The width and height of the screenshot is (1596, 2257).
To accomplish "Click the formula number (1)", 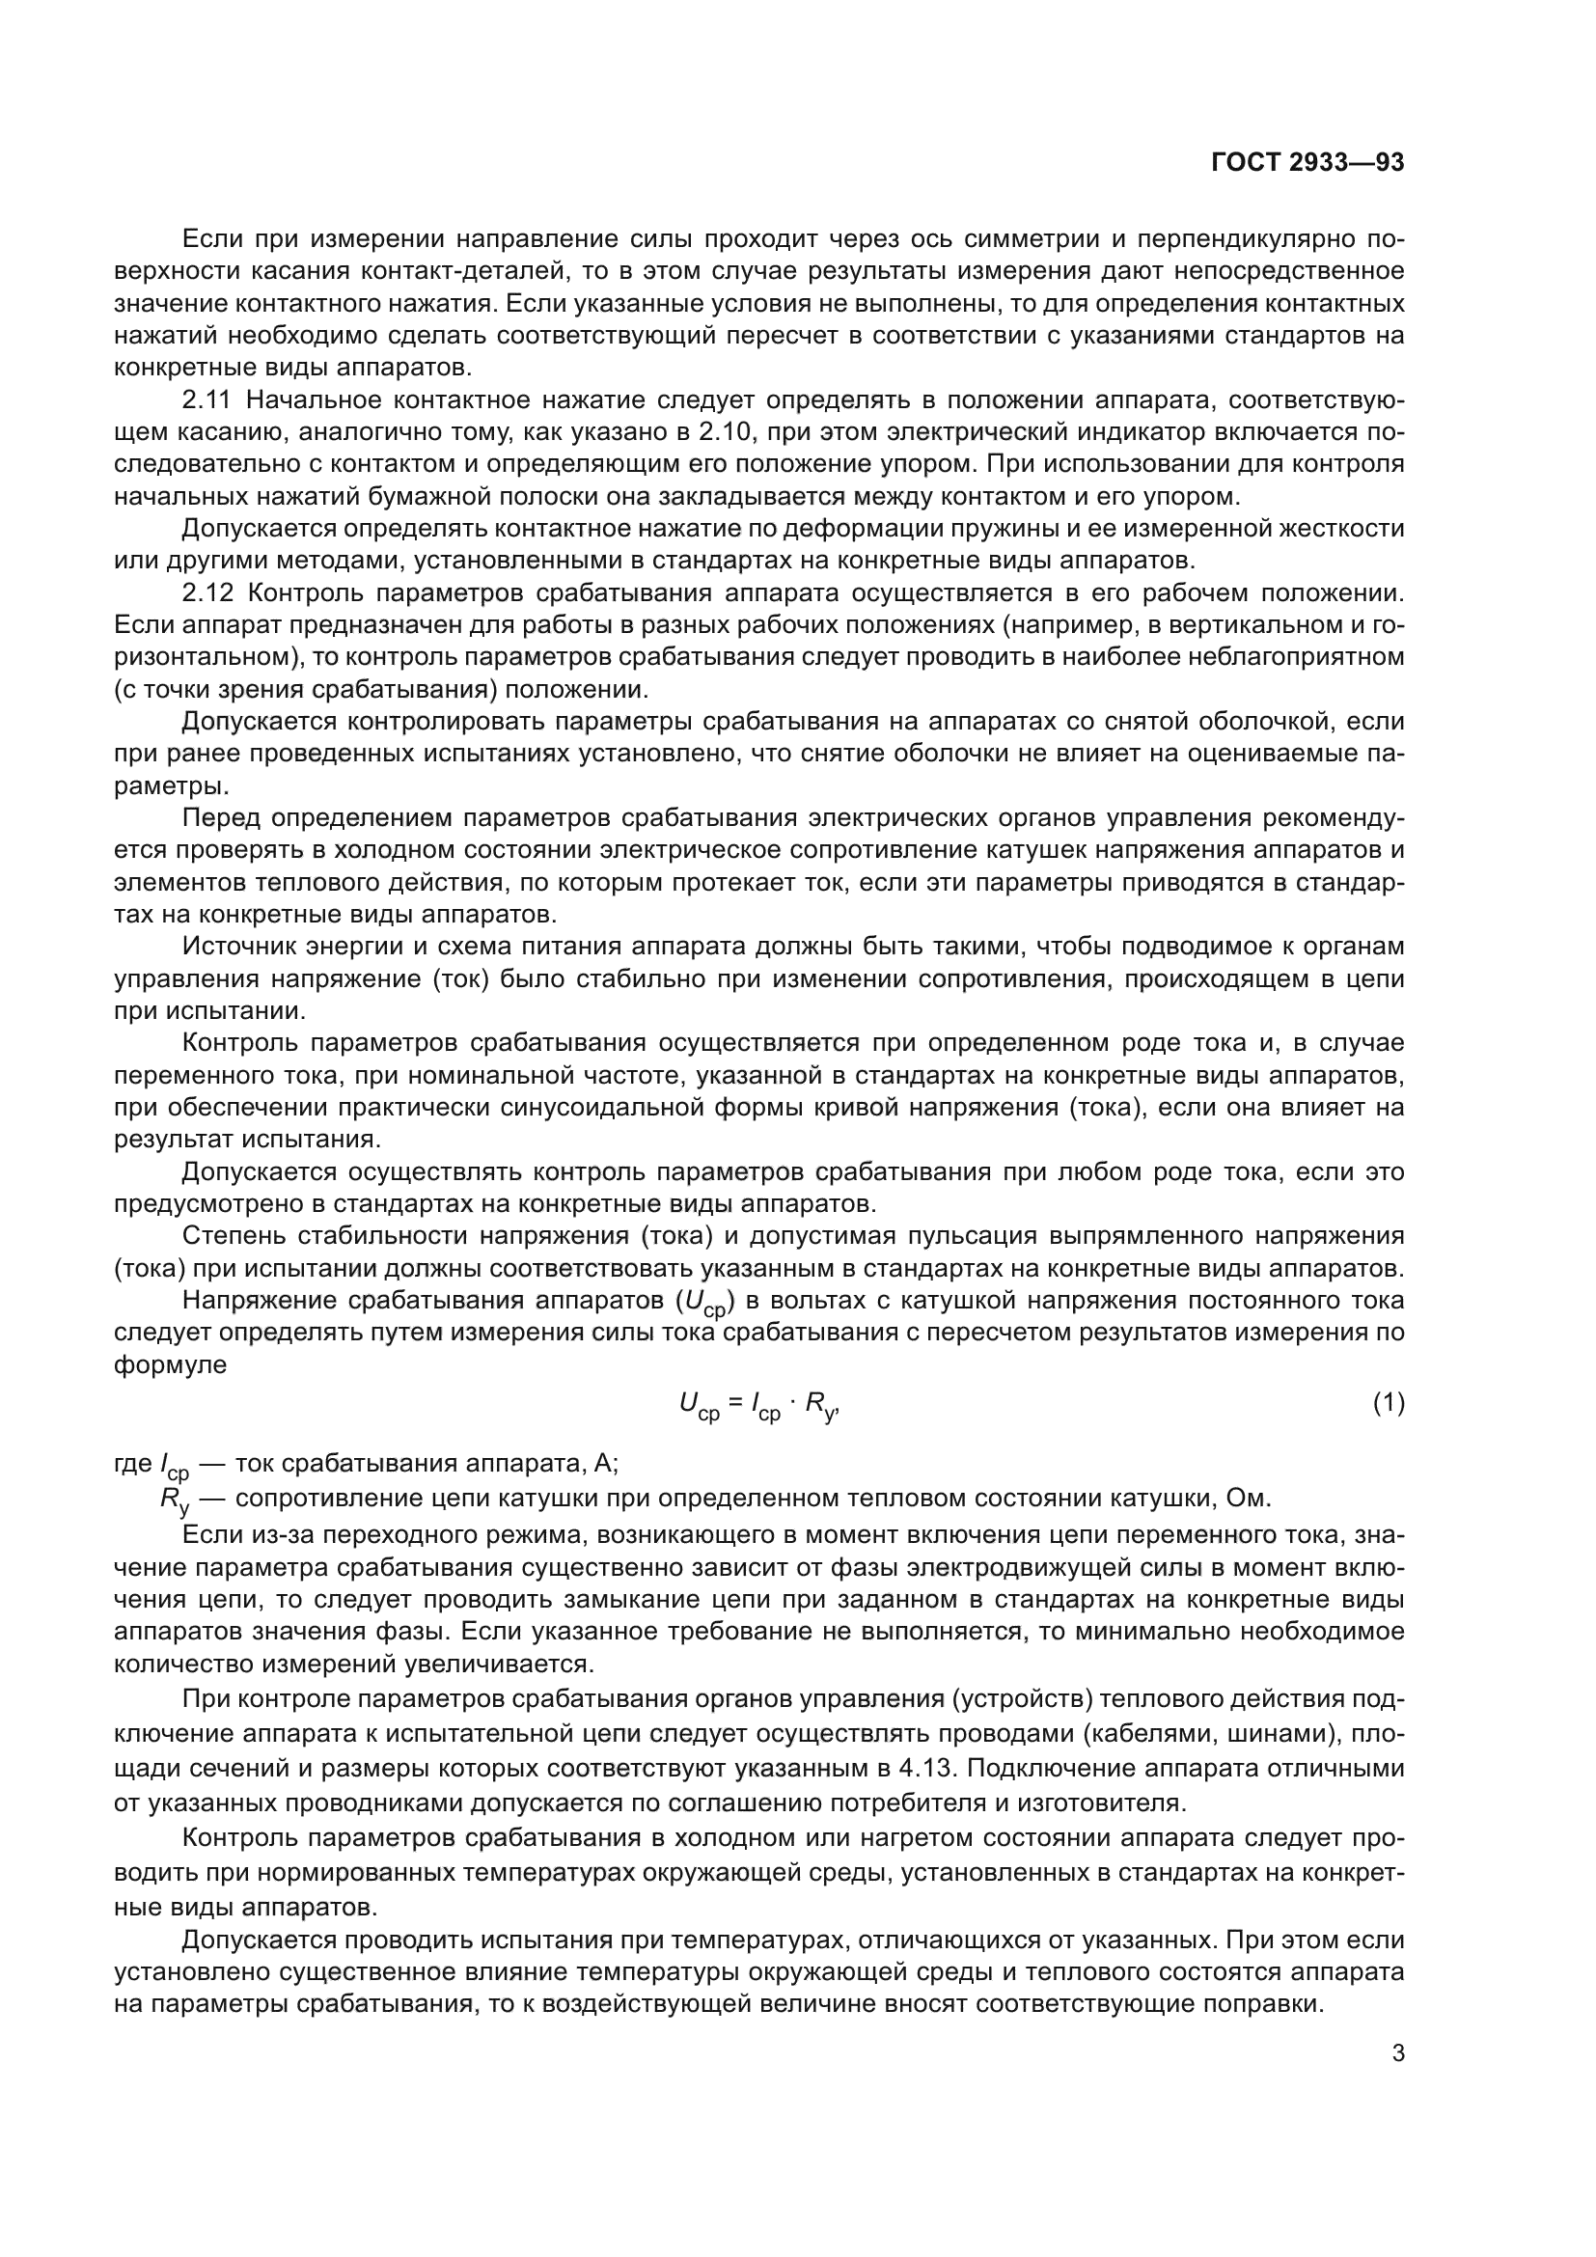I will pos(1388,1404).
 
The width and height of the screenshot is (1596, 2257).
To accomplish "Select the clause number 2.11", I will pos(206,400).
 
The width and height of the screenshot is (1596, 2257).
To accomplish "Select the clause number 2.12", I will pos(206,592).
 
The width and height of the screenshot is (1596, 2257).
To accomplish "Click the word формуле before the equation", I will pos(170,1365).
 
